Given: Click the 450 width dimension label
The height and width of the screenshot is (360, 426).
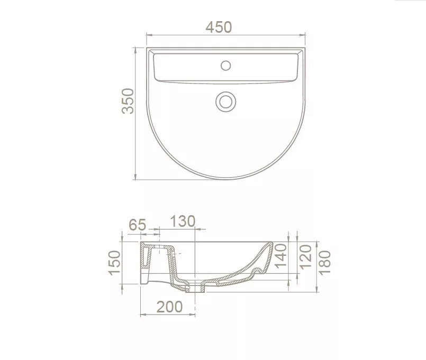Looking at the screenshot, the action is click(x=219, y=27).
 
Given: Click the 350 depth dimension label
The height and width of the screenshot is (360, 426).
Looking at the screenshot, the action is click(x=128, y=101).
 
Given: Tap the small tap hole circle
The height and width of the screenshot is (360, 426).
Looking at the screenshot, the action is click(x=226, y=66).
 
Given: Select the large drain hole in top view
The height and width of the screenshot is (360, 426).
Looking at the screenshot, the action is click(x=226, y=102).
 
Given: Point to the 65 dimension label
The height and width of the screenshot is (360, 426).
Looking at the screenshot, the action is click(x=138, y=225).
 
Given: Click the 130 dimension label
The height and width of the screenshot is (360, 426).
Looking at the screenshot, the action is click(x=183, y=221).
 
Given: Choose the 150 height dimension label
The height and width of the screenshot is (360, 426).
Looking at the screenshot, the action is click(x=115, y=263).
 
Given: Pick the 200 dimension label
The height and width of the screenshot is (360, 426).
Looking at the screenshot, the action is click(x=169, y=307).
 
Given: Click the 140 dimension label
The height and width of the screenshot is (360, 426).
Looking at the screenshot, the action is click(x=281, y=256).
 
